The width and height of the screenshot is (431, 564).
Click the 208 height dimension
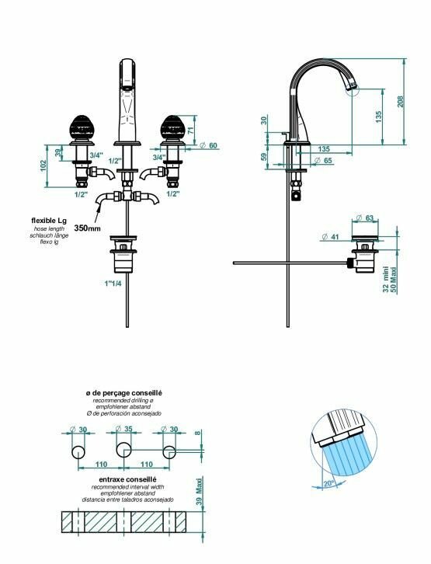point(401,101)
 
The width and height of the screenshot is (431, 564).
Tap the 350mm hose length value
point(87,228)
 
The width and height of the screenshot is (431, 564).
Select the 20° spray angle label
point(328,483)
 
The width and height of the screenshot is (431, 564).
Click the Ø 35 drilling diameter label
point(124,429)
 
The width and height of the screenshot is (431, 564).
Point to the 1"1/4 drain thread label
point(113,284)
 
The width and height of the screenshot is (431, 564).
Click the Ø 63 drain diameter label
point(364,218)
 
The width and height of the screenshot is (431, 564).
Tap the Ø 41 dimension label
point(331,236)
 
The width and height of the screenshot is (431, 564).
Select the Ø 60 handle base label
point(208,145)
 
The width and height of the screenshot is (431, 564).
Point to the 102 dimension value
point(43,165)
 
